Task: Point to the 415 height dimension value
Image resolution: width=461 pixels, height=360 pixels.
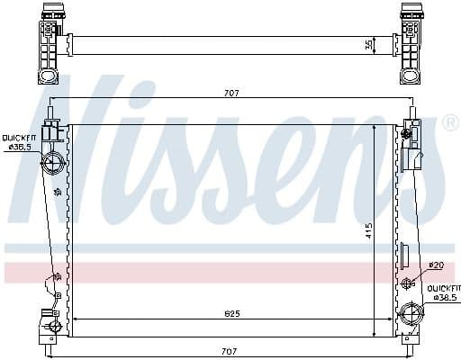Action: pyautogui.click(x=367, y=231)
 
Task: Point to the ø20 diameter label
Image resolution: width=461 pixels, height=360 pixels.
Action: pyautogui.click(x=436, y=265)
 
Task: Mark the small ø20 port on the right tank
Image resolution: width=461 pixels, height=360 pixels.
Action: pyautogui.click(x=407, y=283)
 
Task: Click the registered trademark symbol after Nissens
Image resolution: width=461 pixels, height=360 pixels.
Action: pyautogui.click(x=450, y=122)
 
